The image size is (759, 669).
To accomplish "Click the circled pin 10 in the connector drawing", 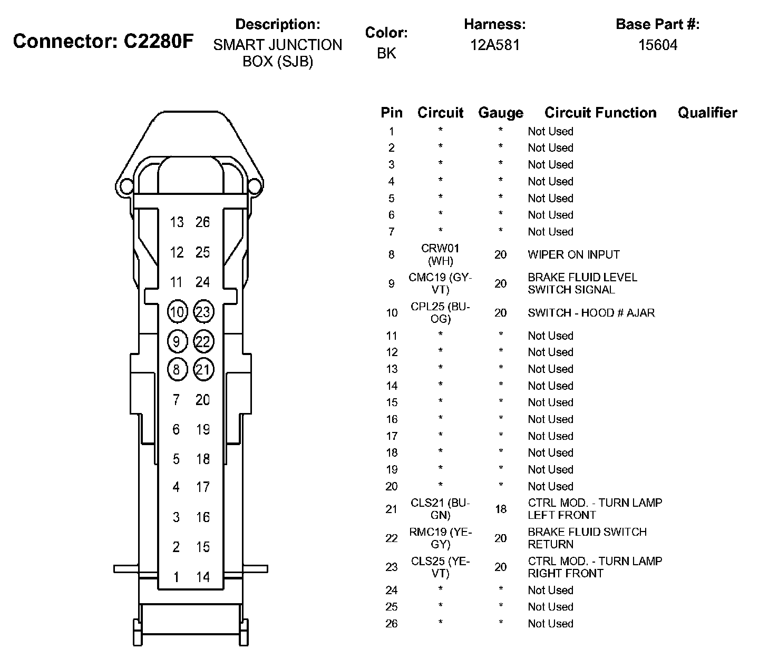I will [177, 312].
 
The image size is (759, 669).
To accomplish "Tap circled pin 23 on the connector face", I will [203, 312].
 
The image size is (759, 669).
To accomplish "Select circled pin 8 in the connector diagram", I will [177, 369].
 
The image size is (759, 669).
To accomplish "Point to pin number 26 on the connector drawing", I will [203, 222].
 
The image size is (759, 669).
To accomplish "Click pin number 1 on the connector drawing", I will [176, 577].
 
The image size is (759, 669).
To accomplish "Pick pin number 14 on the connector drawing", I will [203, 577].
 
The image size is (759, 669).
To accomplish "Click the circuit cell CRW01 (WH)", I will [440, 254].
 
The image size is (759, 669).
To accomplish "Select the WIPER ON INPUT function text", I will [573, 254].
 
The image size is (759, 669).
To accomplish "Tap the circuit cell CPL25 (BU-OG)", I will [440, 313].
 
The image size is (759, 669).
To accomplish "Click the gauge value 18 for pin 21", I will [500, 509].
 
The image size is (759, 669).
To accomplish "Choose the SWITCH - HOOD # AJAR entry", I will [591, 313].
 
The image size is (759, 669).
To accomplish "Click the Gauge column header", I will [500, 113].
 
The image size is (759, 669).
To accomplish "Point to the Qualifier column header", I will [707, 113].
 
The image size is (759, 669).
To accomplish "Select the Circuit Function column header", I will [600, 113].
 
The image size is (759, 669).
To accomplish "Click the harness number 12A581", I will [494, 45].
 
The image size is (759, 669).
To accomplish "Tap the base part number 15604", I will [657, 45].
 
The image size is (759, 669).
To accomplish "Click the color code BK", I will [386, 53].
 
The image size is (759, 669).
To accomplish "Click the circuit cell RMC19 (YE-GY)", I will [440, 538].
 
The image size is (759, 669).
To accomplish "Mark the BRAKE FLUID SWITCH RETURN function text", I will [587, 538].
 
